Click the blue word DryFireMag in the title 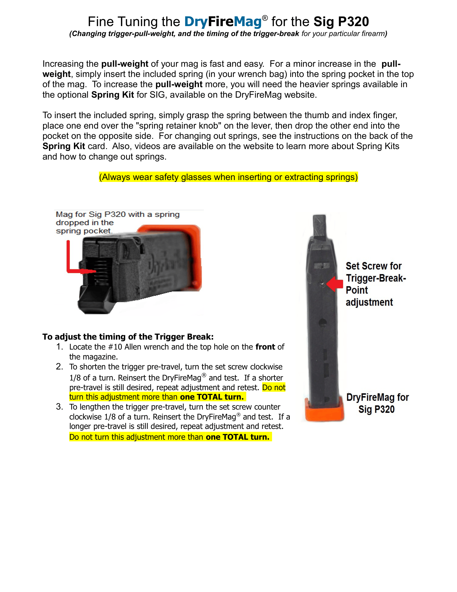[223, 22]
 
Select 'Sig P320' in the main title [341, 22]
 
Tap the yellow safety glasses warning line [228, 177]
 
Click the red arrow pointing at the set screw [335, 284]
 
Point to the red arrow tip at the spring [96, 271]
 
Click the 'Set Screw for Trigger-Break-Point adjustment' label [376, 284]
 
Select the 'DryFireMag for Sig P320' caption [377, 403]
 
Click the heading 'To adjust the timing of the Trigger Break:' [128, 337]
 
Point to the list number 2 [60, 367]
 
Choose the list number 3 [60, 407]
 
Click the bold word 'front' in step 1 [265, 347]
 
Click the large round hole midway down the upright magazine [322, 323]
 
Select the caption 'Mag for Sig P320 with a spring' [118, 214]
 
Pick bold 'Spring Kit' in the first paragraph [113, 95]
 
